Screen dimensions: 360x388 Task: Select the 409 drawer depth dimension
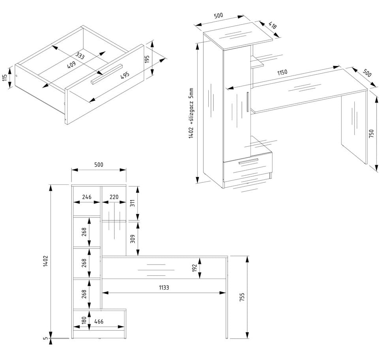(x=72, y=65)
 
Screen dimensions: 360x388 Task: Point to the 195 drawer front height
(x=147, y=59)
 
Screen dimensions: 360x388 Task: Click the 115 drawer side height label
(x=5, y=78)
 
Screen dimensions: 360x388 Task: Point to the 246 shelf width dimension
(x=87, y=197)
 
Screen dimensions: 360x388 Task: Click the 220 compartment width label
(x=114, y=197)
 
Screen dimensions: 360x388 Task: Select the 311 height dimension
(x=132, y=203)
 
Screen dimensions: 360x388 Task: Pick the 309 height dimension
(x=132, y=239)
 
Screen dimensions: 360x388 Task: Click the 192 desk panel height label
(x=194, y=268)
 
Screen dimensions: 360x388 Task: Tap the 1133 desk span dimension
(x=162, y=288)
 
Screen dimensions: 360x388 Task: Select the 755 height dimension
(x=242, y=297)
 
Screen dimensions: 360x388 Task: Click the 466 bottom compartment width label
(x=99, y=322)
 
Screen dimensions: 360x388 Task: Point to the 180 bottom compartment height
(x=84, y=320)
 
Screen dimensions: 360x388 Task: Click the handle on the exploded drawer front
(x=107, y=74)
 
